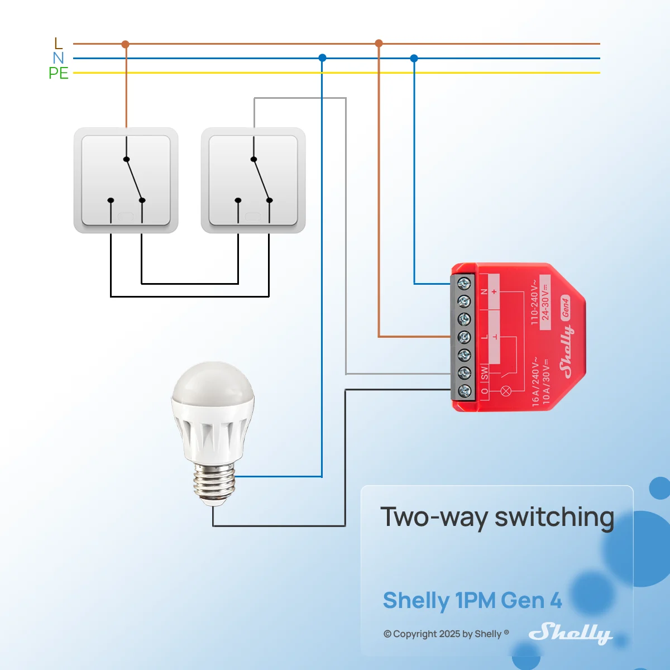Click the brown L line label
pyautogui.click(x=59, y=43)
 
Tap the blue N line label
pyautogui.click(x=58, y=58)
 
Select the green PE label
pyautogui.click(x=59, y=73)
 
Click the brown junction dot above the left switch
pyautogui.click(x=126, y=44)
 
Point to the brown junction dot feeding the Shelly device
pyautogui.click(x=379, y=43)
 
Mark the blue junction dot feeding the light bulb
pyautogui.click(x=322, y=58)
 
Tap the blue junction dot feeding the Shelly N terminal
pyautogui.click(x=414, y=58)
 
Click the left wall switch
pyautogui.click(x=126, y=180)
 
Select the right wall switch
pyautogui.click(x=253, y=180)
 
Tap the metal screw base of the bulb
pyautogui.click(x=214, y=484)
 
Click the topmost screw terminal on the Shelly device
pyautogui.click(x=464, y=284)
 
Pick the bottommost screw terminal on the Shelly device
pyautogui.click(x=464, y=391)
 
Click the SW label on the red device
pyautogui.click(x=484, y=373)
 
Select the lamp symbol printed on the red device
pyautogui.click(x=505, y=391)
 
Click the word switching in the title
pyautogui.click(x=554, y=517)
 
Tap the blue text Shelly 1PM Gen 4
pyautogui.click(x=472, y=600)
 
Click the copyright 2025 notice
pyautogui.click(x=446, y=634)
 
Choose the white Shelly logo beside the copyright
pyautogui.click(x=570, y=633)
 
